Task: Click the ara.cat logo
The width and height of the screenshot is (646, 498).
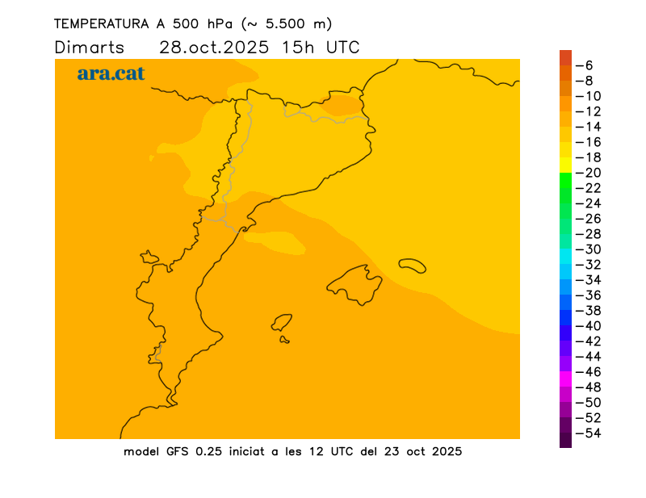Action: pos(111,73)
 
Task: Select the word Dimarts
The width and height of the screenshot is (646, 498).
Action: pos(90,47)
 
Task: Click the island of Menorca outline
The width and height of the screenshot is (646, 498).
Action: pos(412,265)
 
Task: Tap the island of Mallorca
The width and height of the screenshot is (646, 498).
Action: pos(355,285)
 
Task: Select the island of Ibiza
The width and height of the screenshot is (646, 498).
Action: pos(282,323)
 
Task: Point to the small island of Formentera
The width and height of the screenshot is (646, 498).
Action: pos(284,340)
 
